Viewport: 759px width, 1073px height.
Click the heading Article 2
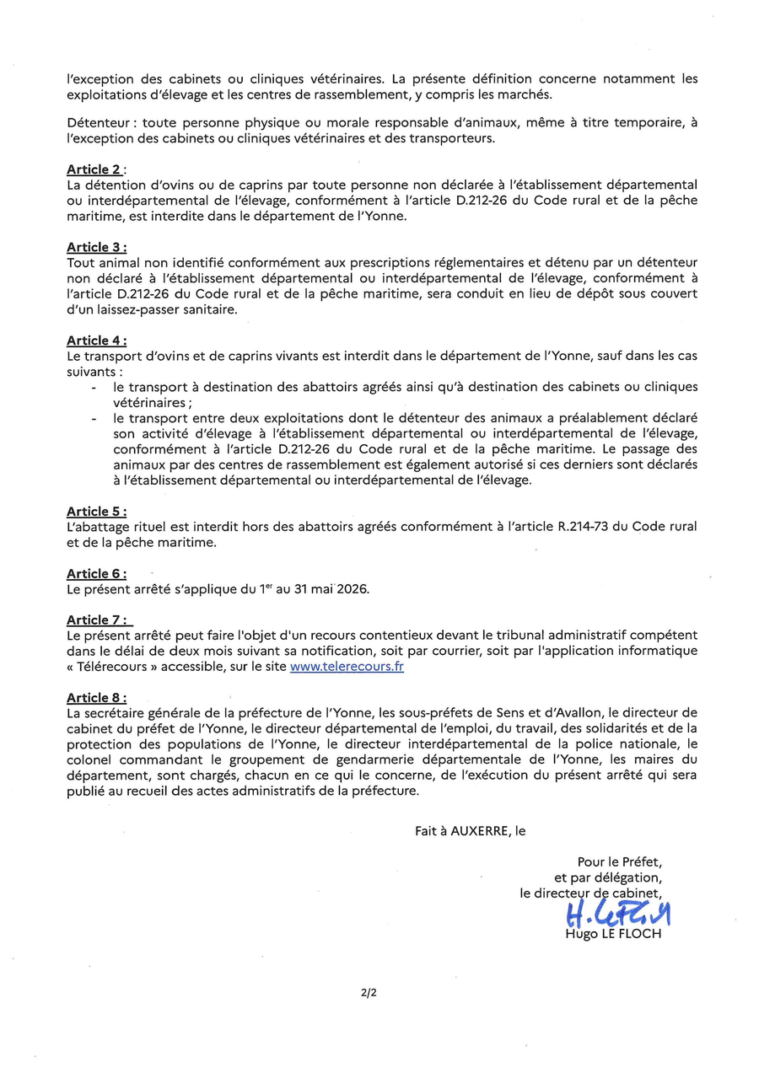pos(96,169)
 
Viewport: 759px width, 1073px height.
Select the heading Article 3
pos(97,247)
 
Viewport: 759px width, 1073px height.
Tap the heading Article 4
pos(97,341)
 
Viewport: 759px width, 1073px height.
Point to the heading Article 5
pos(97,512)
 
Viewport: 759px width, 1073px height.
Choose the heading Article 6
pos(97,574)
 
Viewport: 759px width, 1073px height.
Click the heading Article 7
pos(97,620)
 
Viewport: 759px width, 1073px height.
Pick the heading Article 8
pos(97,698)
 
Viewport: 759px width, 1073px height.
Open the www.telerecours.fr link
pos(347,666)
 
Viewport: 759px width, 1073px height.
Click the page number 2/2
pos(368,992)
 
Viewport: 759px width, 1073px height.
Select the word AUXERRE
pos(481,830)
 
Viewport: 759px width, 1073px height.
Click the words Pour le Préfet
pos(620,861)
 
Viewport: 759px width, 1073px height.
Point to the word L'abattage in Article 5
pos(97,527)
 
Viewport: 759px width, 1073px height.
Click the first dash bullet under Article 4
pos(93,387)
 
